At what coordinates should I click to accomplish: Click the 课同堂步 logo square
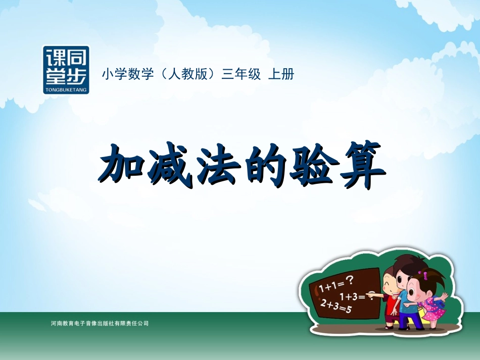66,70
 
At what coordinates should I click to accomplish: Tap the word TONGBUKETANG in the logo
66,89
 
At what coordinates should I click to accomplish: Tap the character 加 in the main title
121,166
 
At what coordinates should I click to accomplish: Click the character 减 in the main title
170,166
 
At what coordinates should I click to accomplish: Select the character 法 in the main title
217,166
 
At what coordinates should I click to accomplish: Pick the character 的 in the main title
262,166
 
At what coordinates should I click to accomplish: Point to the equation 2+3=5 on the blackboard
335,307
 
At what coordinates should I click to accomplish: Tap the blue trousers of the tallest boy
408,317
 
